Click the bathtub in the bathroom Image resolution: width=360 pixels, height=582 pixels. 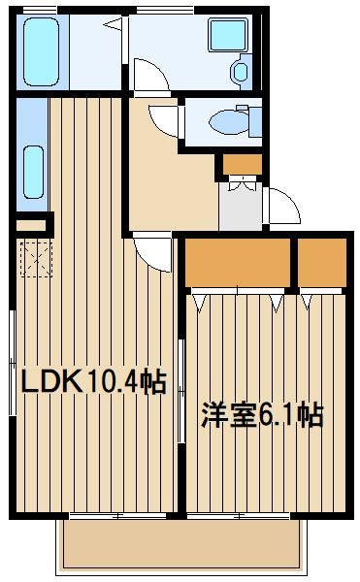click(41, 52)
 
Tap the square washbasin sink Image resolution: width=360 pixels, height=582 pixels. click(227, 35)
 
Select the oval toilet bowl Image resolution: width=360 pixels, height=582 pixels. click(228, 121)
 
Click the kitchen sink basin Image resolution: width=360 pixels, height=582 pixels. click(33, 172)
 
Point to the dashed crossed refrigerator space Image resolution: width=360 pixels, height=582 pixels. click(36, 259)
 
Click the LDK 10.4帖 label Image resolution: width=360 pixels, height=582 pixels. click(93, 381)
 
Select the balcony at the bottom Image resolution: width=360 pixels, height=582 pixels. click(181, 544)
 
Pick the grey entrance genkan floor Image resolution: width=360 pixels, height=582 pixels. click(241, 206)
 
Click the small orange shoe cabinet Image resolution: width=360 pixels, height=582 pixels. click(243, 165)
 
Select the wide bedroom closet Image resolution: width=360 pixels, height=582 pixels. click(238, 263)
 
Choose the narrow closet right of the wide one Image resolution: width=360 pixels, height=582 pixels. click(322, 263)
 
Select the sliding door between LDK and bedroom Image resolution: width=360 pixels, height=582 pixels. click(181, 391)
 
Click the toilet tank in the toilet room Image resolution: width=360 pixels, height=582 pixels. click(255, 121)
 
